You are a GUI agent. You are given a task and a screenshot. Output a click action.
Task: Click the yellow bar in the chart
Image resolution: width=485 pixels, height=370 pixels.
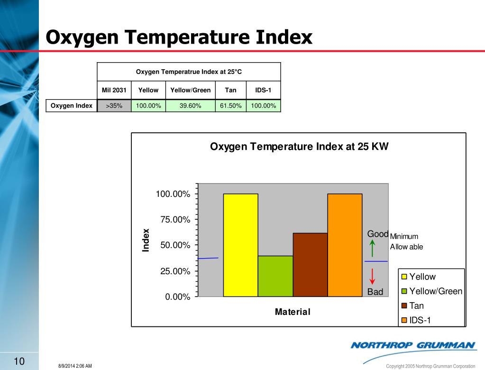[240, 245]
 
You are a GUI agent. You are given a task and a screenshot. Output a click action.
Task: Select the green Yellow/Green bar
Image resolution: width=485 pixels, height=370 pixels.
[275, 276]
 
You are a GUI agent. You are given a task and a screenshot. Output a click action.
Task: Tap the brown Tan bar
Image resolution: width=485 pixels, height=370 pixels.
[310, 265]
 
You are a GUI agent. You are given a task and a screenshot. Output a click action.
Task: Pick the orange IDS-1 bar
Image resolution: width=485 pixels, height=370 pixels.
[345, 245]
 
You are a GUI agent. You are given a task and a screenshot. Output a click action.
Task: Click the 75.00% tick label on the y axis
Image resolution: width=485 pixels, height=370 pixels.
[174, 220]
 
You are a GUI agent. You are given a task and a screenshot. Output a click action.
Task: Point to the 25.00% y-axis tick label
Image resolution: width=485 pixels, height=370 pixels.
[174, 271]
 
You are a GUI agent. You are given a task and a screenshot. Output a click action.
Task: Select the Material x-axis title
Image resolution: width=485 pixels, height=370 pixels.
[293, 312]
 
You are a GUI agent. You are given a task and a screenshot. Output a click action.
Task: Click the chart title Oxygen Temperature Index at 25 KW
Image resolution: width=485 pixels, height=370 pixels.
[299, 147]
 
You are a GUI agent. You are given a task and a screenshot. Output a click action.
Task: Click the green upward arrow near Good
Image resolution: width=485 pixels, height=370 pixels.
[373, 248]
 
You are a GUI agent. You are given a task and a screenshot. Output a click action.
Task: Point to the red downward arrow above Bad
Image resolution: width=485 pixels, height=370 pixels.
[373, 276]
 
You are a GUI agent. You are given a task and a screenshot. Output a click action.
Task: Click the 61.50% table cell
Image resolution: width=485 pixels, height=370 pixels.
[230, 106]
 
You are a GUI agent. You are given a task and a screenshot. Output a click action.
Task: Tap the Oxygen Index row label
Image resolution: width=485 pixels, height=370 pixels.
[72, 106]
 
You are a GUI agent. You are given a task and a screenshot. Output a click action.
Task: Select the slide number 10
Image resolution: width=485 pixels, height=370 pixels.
[19, 361]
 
